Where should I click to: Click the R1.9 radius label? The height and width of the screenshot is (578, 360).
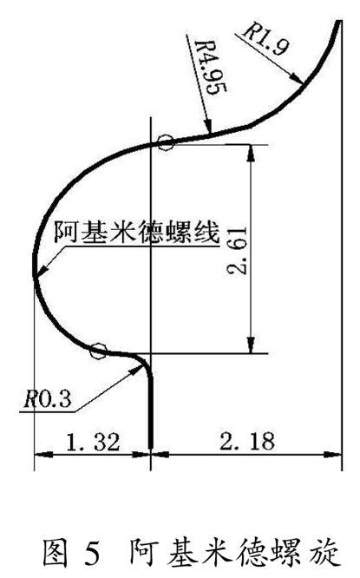point(265,39)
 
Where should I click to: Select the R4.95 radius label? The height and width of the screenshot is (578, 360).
point(210,68)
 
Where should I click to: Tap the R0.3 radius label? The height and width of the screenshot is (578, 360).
point(47,399)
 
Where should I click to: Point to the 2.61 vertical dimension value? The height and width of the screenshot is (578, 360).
point(237,251)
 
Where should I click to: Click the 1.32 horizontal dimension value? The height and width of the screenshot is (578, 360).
point(93,442)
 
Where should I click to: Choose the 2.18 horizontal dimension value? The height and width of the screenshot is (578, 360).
point(247,441)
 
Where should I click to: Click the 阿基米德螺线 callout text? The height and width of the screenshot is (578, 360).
point(137,232)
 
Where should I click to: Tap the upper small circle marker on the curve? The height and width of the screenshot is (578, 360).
point(166,142)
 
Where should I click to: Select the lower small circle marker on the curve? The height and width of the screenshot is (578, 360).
point(98,351)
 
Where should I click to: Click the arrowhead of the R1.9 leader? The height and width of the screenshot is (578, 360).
point(297,80)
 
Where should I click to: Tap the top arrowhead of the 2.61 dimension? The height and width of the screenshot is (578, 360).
point(251,152)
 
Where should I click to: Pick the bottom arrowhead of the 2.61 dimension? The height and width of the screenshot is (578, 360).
point(251,345)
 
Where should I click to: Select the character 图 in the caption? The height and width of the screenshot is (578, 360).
point(56,553)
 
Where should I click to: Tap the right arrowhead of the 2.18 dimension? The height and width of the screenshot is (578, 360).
point(333,455)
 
